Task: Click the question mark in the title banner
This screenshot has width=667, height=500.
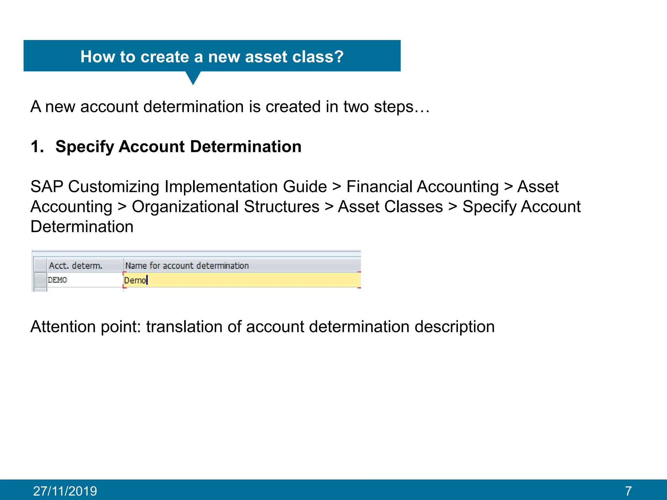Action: (x=338, y=57)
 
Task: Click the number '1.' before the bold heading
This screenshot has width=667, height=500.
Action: (x=37, y=146)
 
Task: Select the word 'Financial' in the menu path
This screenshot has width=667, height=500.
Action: (x=378, y=187)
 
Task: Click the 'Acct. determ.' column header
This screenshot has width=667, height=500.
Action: (x=76, y=266)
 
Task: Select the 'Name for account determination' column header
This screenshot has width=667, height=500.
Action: (x=187, y=266)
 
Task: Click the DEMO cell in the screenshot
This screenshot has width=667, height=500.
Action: (x=58, y=280)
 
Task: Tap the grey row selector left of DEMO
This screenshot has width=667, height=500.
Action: (x=40, y=280)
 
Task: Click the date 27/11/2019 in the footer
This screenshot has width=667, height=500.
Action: (x=65, y=491)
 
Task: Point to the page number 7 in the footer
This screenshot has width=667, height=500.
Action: (x=628, y=491)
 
